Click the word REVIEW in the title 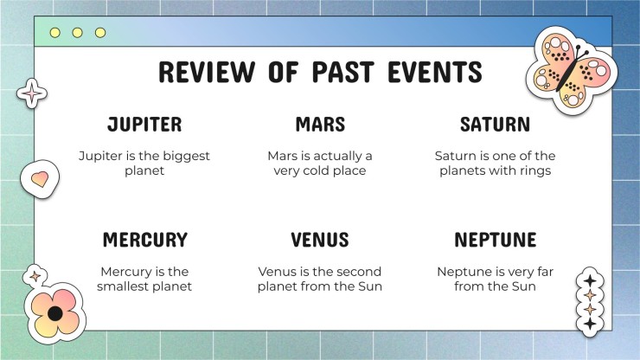point(207,72)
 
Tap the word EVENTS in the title point(435,72)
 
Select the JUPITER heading point(144,125)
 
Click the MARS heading point(320,125)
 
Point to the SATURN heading point(495,125)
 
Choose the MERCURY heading point(145,240)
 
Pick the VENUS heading point(320,240)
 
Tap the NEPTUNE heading point(495,240)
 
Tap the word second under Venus point(362,272)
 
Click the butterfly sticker point(571,69)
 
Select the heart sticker point(40,179)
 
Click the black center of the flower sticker point(55,314)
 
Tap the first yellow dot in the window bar point(55,33)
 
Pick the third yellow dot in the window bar point(100,33)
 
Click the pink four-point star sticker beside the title point(32,93)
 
